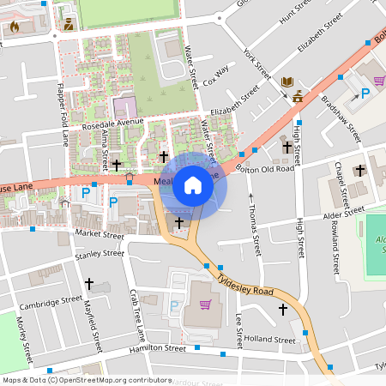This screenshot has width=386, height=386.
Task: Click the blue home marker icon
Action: (x=193, y=184)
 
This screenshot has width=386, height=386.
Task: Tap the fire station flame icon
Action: (x=15, y=26)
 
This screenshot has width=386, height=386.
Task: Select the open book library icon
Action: (x=287, y=81)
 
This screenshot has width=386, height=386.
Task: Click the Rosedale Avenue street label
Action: (x=112, y=123)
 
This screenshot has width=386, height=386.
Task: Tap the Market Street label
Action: (x=100, y=232)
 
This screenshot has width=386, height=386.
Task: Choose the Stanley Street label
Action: (x=100, y=254)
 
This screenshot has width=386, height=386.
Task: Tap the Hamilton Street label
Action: (x=157, y=349)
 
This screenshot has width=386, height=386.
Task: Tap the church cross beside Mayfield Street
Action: (x=88, y=282)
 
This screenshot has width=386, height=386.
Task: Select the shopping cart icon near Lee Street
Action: (x=205, y=304)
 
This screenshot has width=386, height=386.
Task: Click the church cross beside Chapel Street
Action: (x=359, y=169)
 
